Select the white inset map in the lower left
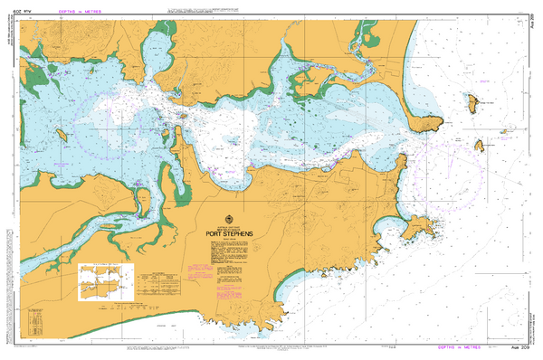click(x=108, y=280)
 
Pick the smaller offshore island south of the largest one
click(x=481, y=145)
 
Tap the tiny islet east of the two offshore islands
click(x=502, y=129)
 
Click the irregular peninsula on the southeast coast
click(x=418, y=226)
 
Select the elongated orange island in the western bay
click(x=64, y=135)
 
